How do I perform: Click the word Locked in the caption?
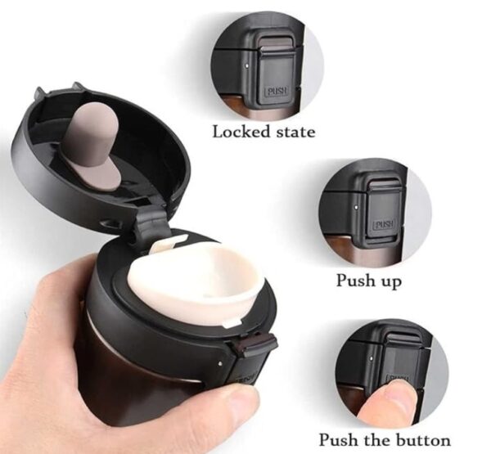coord(241,132)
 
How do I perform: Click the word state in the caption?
coord(296,132)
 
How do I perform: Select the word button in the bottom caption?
coord(423,440)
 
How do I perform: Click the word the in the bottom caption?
coord(376,439)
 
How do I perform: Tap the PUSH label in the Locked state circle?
coord(277,91)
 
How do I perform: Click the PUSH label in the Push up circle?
coord(383,224)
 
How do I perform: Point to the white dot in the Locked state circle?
coord(247,65)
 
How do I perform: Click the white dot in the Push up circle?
coord(356,207)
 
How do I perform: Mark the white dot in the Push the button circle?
coord(372,357)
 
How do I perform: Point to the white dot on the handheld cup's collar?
coord(220,363)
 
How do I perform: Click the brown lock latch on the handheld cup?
coord(255,344)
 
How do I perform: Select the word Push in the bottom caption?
coord(339,439)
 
